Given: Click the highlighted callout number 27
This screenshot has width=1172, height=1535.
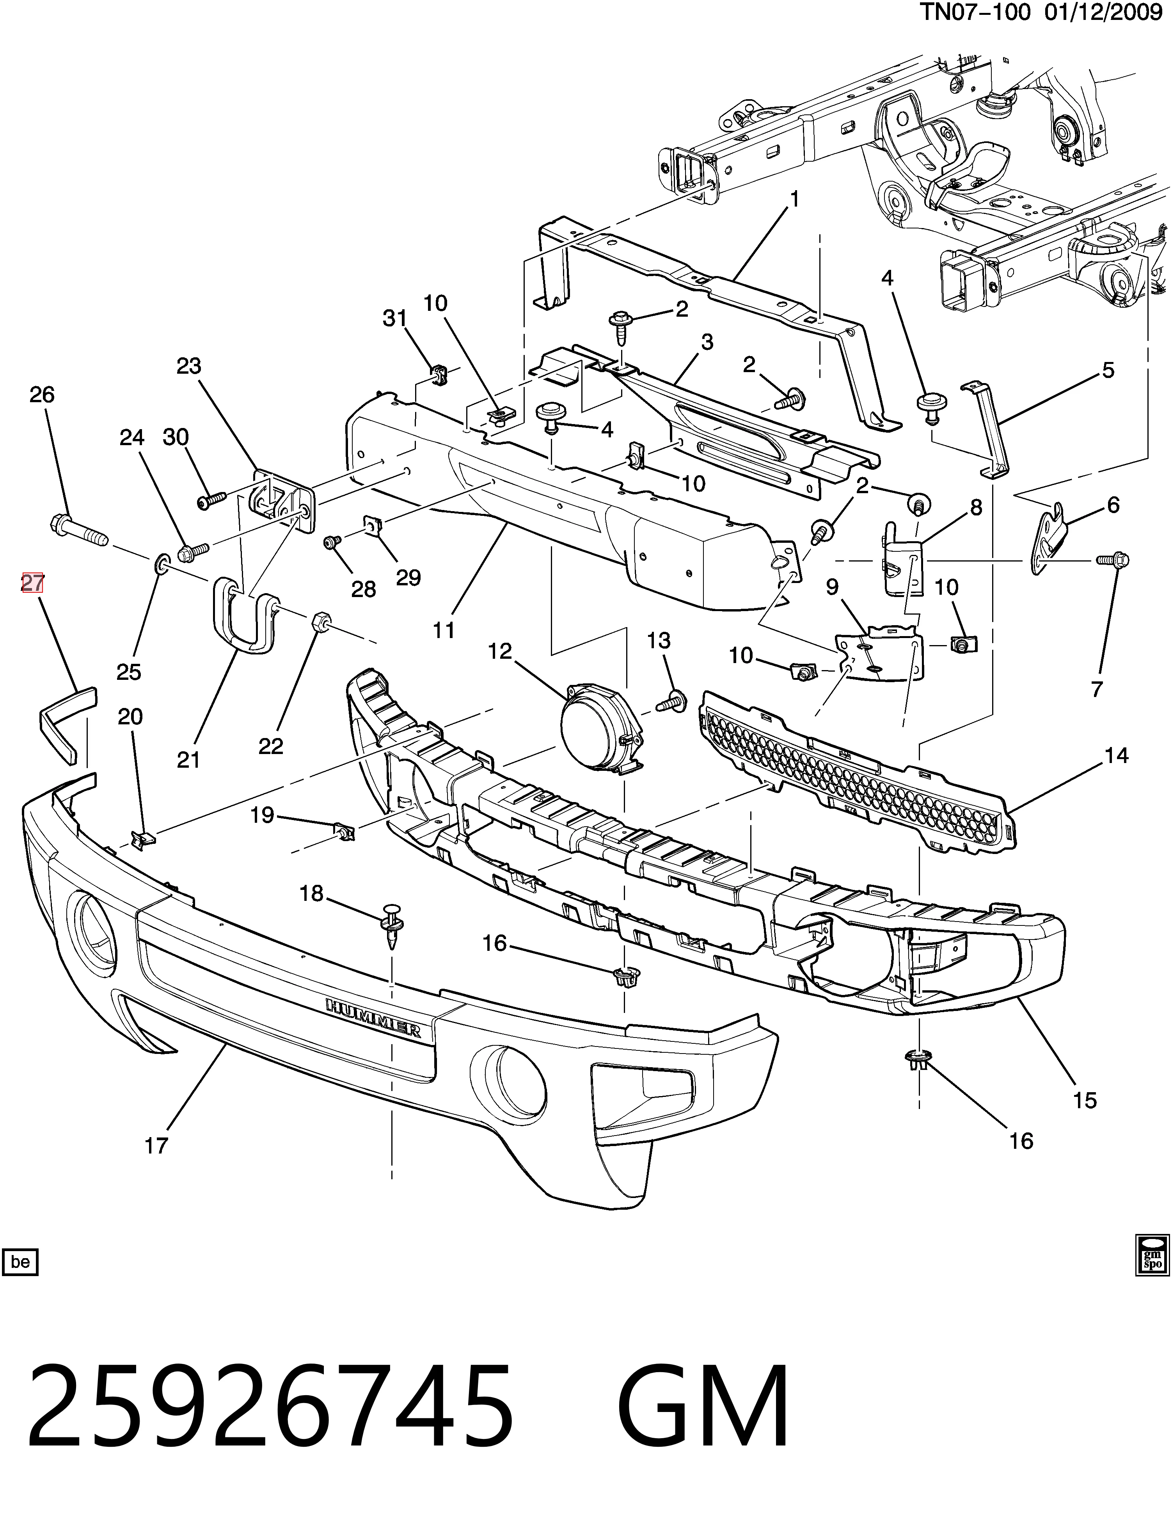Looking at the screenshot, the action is (x=32, y=583).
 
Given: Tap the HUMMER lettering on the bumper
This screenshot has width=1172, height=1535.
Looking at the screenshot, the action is (x=373, y=1018).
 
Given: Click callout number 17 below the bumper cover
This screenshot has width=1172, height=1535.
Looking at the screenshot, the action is (x=156, y=1146).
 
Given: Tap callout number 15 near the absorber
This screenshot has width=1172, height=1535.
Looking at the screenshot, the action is (x=1085, y=1100).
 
